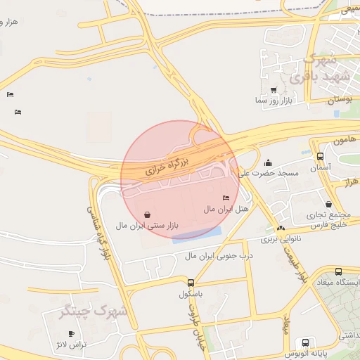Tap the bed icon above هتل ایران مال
(x=226, y=198)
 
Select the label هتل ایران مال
(x=226, y=210)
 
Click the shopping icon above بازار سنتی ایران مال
(x=147, y=214)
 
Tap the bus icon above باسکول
(x=191, y=283)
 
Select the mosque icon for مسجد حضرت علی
(x=269, y=162)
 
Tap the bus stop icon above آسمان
(x=321, y=157)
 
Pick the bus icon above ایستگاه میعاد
(x=338, y=271)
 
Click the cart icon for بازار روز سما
(x=274, y=90)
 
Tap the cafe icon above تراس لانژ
(x=70, y=333)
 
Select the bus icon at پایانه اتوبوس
(x=304, y=342)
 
